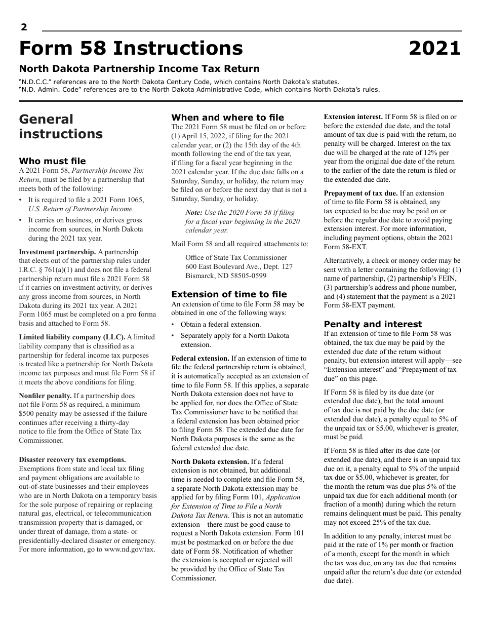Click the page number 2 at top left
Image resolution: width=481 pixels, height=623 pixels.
(24, 27)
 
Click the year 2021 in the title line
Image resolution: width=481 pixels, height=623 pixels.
(435, 49)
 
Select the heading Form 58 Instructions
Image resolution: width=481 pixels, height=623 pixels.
(131, 49)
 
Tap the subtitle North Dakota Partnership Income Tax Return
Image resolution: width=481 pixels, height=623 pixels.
(139, 69)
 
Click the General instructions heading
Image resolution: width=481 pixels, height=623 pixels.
(60, 127)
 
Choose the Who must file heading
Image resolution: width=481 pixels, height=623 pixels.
(52, 161)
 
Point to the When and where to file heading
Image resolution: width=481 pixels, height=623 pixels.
(227, 118)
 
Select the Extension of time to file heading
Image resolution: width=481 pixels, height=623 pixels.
(229, 294)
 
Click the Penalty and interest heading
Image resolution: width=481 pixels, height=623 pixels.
(373, 324)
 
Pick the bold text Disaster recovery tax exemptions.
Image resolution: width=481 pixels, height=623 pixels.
(72, 459)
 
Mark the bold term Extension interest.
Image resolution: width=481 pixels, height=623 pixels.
(353, 116)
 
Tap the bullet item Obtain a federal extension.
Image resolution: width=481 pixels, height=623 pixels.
(221, 324)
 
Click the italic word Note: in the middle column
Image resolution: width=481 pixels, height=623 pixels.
(194, 212)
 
